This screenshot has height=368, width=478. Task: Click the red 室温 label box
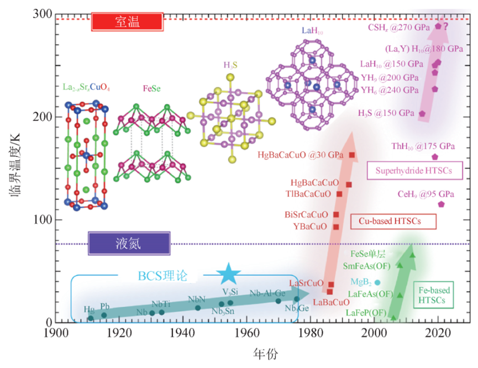click(x=127, y=22)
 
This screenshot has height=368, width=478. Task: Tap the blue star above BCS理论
click(x=228, y=274)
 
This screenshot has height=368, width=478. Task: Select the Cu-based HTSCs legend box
click(x=393, y=221)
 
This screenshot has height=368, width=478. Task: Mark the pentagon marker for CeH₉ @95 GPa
click(x=441, y=204)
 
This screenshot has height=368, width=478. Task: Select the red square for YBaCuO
click(x=336, y=227)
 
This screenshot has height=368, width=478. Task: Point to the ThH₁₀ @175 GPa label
click(x=423, y=146)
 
